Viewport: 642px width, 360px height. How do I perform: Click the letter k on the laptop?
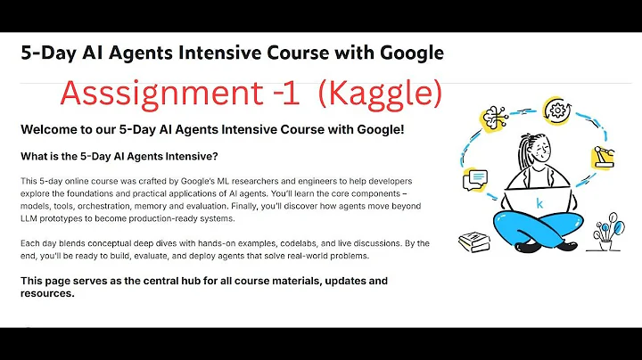[539, 203]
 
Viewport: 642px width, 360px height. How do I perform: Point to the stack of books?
[474, 241]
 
